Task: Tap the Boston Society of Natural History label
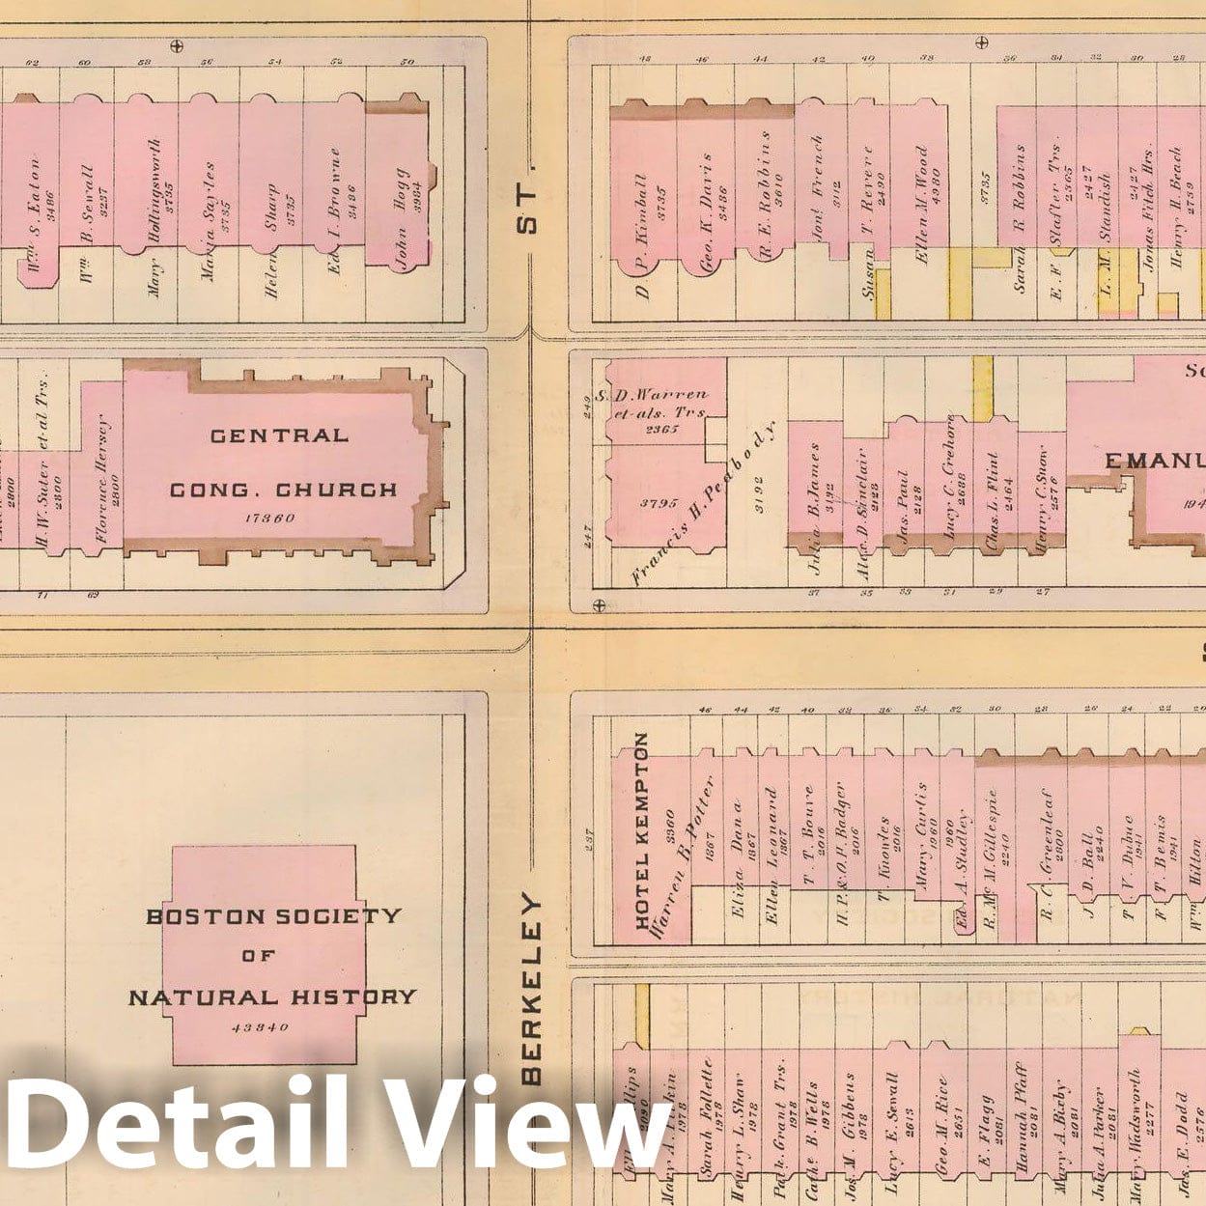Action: coord(272,956)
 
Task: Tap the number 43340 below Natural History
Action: coord(260,1027)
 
